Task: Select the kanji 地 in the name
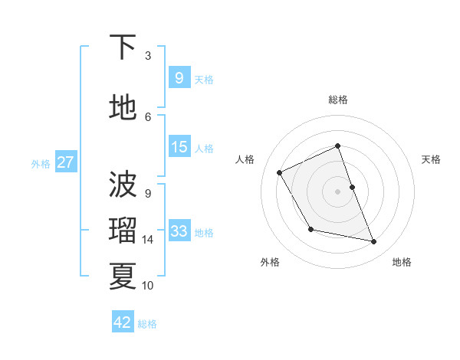pyautogui.click(x=123, y=108)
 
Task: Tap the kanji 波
pyautogui.click(x=123, y=184)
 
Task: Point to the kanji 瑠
pyautogui.click(x=123, y=231)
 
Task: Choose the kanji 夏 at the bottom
pyautogui.click(x=123, y=276)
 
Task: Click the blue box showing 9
pyautogui.click(x=179, y=78)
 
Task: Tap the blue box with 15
pyautogui.click(x=179, y=147)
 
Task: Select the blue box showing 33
pyautogui.click(x=179, y=231)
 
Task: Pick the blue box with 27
pyautogui.click(x=65, y=162)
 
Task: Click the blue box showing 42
pyautogui.click(x=123, y=322)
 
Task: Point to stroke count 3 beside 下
pyautogui.click(x=148, y=56)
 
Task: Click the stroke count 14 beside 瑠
pyautogui.click(x=148, y=240)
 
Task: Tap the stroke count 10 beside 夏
pyautogui.click(x=148, y=286)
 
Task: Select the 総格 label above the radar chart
pyautogui.click(x=338, y=100)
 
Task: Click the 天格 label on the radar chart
pyautogui.click(x=432, y=159)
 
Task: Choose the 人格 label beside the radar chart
pyautogui.click(x=245, y=159)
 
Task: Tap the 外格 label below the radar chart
pyautogui.click(x=270, y=263)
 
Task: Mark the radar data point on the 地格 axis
pyautogui.click(x=374, y=242)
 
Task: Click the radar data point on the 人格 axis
pyautogui.click(x=280, y=172)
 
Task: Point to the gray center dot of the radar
pyautogui.click(x=338, y=191)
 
